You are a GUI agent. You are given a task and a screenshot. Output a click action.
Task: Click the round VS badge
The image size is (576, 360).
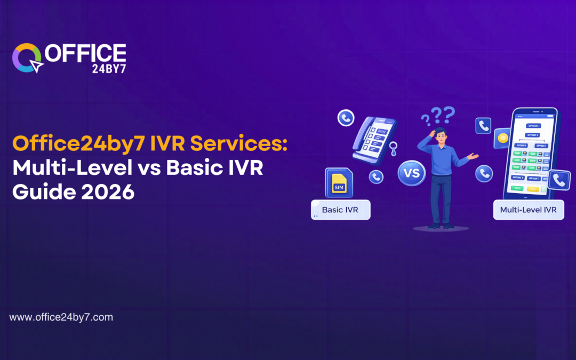pos(412,174)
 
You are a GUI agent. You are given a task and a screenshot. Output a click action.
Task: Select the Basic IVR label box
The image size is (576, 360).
pos(341,210)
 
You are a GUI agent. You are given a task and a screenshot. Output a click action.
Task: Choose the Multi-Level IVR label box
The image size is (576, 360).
pos(528,210)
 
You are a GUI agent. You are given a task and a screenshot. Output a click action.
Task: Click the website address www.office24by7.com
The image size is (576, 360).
pos(61,317)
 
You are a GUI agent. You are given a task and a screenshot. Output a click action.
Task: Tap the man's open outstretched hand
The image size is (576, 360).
pos(473,156)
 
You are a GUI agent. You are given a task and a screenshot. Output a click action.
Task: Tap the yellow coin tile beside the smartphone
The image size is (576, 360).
pos(502,138)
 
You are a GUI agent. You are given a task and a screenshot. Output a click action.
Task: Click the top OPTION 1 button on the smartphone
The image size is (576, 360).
pos(533,126)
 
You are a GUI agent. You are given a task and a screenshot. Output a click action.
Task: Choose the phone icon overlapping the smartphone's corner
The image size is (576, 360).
pos(559,180)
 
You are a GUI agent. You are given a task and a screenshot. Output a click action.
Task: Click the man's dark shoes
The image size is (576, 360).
pos(441,226)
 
